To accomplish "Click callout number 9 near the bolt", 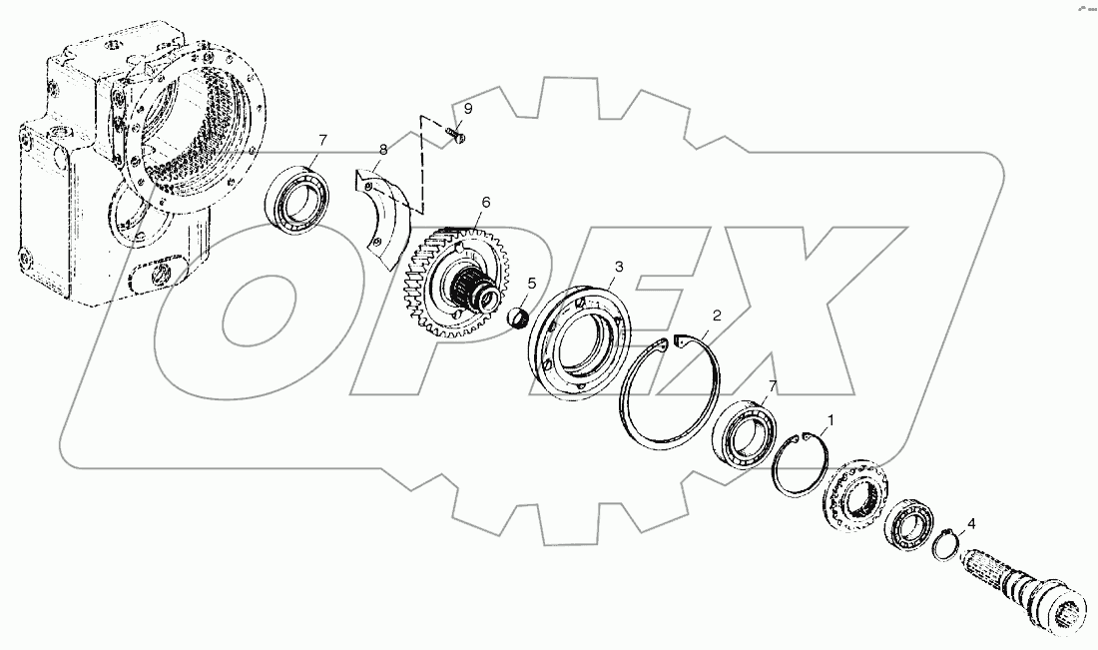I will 468,109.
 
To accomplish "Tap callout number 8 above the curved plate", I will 381,151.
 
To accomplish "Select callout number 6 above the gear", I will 485,202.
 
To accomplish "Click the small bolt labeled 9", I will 457,136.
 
